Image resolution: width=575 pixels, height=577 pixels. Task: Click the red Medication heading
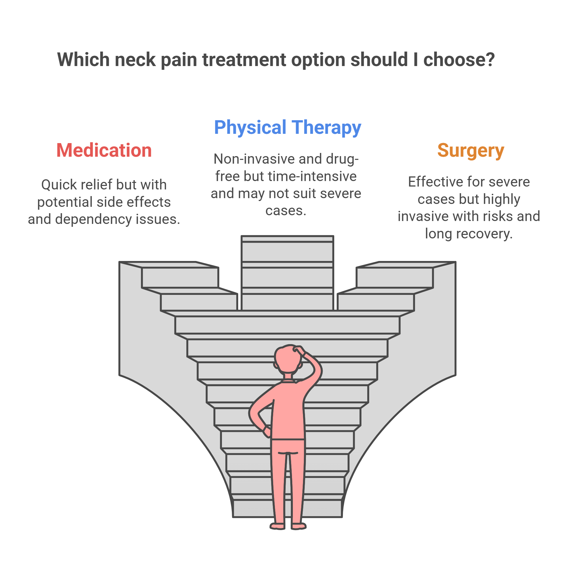tap(104, 150)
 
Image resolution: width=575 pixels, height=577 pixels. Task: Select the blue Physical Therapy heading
tap(287, 127)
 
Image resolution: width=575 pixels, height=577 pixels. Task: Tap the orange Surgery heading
tap(471, 150)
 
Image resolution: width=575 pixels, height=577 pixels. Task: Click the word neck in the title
tap(135, 60)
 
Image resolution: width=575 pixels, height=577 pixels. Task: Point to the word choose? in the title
tap(459, 60)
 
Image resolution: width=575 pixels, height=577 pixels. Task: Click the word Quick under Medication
tap(59, 185)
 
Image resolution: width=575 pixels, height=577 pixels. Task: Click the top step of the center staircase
tap(287, 239)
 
